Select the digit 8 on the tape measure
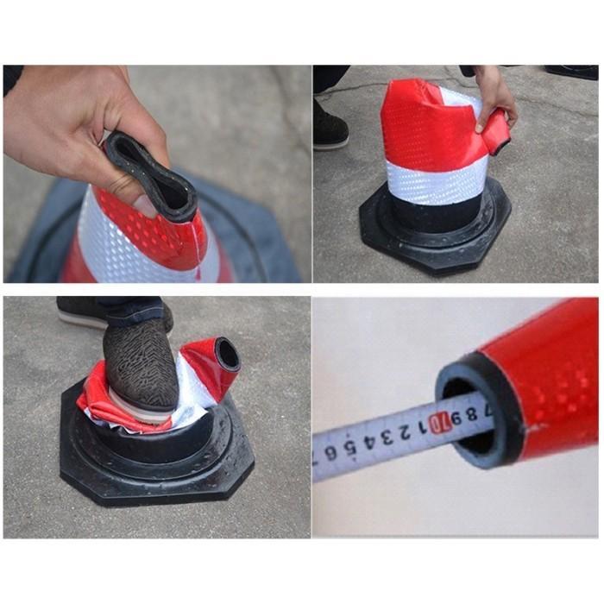coord(472,414)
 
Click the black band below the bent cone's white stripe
coord(431,216)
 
